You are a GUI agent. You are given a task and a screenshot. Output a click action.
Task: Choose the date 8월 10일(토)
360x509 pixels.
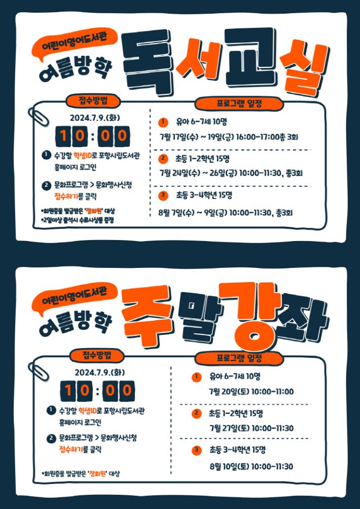coord(228,466)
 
